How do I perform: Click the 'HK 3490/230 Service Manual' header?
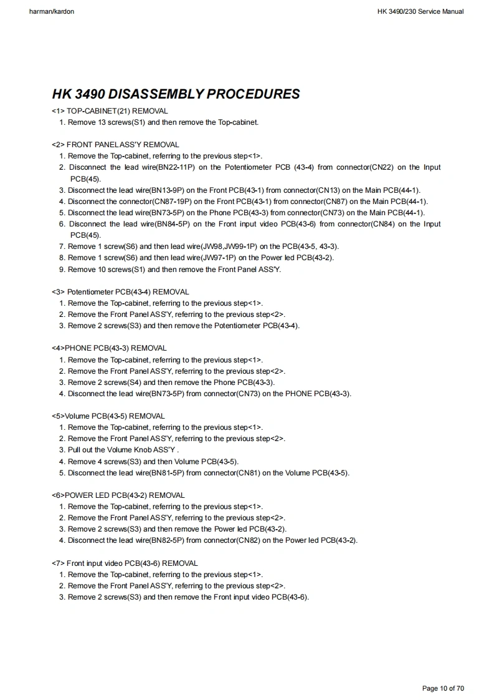tap(420, 11)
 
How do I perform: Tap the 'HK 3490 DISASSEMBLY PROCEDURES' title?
tap(176, 94)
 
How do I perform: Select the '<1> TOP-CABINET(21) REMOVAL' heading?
tap(110, 110)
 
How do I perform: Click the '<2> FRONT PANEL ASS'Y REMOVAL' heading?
tap(115, 144)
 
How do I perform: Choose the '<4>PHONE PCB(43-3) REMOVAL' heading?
tap(109, 348)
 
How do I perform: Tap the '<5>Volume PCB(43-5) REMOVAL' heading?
tap(108, 416)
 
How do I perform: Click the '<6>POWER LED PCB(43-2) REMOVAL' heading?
tap(118, 495)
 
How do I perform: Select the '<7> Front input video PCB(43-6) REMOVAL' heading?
tap(125, 563)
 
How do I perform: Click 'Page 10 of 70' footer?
tap(443, 688)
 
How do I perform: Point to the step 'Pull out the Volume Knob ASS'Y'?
tap(123, 450)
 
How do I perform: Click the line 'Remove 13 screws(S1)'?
tap(163, 122)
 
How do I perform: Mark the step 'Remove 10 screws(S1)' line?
tap(174, 270)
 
